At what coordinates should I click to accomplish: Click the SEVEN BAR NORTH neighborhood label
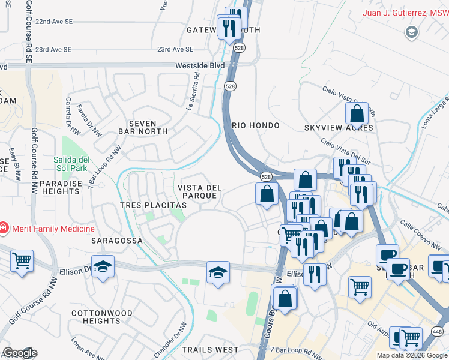tap(143, 127)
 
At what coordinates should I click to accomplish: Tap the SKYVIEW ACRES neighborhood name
tap(339, 128)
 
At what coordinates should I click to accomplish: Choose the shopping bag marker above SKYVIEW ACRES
tap(357, 113)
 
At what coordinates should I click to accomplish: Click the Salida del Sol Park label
tap(71, 164)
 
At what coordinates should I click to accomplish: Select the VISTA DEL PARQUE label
tap(200, 192)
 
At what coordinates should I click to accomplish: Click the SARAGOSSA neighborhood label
tap(116, 241)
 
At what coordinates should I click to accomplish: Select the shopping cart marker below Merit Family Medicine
tap(22, 261)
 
